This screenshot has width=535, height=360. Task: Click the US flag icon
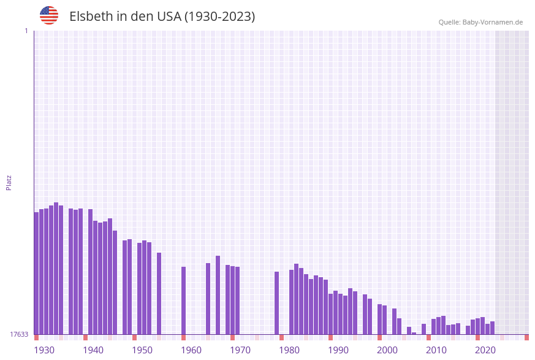pyautogui.click(x=49, y=15)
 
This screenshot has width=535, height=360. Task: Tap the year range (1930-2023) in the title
pyautogui.click(x=219, y=17)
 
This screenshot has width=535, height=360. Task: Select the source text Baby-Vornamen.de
pyautogui.click(x=493, y=22)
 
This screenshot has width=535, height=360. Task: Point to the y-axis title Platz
pyautogui.click(x=9, y=182)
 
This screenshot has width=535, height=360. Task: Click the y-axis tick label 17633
pyautogui.click(x=19, y=334)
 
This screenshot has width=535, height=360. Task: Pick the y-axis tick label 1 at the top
pyautogui.click(x=26, y=31)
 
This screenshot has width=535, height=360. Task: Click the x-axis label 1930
pyautogui.click(x=44, y=350)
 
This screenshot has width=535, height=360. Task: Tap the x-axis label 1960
pyautogui.click(x=191, y=350)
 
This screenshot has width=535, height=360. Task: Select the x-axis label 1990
pyautogui.click(x=338, y=350)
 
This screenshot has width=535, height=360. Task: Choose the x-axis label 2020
pyautogui.click(x=485, y=350)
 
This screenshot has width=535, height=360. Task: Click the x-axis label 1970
pyautogui.click(x=240, y=350)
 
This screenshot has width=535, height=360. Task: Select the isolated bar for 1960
pyautogui.click(x=183, y=301)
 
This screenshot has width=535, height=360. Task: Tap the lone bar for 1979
pyautogui.click(x=276, y=303)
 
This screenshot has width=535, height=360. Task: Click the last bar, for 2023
pyautogui.click(x=492, y=327)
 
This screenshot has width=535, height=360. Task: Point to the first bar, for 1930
pyautogui.click(x=36, y=273)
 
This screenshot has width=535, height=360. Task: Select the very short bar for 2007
pyautogui.click(x=414, y=333)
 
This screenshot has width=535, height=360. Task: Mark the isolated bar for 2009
pyautogui.click(x=423, y=329)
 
